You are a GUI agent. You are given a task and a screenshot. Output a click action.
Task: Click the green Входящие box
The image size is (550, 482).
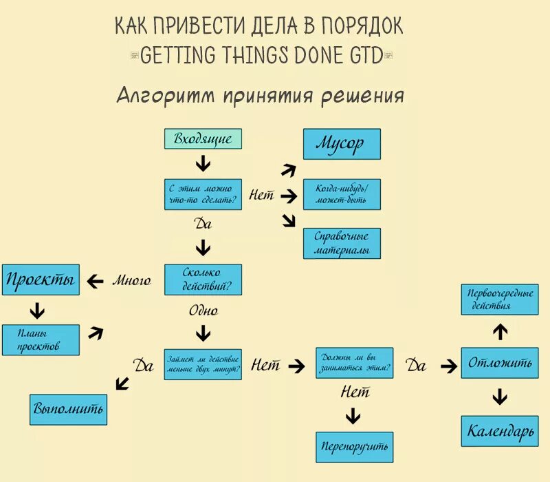point(203,138)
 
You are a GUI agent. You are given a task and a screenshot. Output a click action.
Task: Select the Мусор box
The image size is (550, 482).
point(342,144)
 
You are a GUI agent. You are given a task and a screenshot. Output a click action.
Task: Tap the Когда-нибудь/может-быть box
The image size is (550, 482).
point(342,194)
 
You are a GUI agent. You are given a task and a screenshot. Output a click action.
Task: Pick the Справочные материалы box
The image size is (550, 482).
point(342,243)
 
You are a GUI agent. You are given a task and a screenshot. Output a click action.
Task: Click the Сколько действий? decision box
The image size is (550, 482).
point(203,280)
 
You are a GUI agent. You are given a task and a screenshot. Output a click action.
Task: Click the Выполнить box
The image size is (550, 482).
point(68,409)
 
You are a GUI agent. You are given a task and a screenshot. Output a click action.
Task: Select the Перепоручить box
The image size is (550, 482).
point(355,446)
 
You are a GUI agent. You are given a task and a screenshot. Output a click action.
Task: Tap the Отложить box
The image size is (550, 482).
point(500,363)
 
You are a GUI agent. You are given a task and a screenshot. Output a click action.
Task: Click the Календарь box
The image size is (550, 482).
point(500,432)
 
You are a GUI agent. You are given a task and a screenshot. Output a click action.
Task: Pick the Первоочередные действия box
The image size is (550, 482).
point(500,300)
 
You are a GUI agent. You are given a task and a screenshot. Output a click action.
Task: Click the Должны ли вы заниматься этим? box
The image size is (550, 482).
point(355,363)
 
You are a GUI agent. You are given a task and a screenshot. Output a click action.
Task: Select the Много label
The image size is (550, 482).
point(131,280)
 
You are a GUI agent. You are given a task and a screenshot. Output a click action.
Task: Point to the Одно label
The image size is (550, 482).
point(203,311)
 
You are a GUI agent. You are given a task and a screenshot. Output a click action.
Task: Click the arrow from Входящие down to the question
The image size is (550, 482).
point(203,164)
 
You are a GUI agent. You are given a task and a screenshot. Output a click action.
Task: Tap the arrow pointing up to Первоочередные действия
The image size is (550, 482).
point(500,332)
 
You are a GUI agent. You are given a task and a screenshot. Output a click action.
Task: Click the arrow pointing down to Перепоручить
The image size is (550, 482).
point(353,415)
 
